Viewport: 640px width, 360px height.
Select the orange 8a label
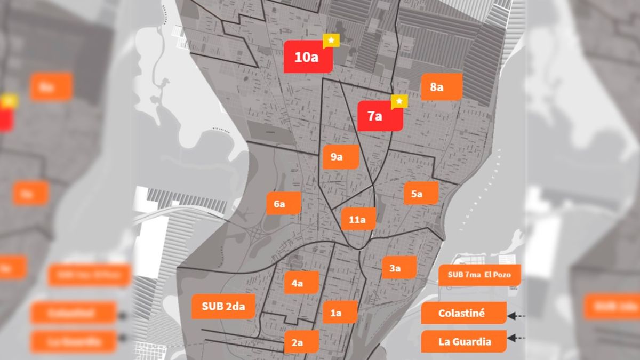tap(441, 87)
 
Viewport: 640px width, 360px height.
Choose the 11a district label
tap(358, 219)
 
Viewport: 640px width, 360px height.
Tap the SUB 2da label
tap(223, 307)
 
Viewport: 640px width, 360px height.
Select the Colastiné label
tap(463, 314)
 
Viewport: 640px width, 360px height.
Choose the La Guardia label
tap(463, 341)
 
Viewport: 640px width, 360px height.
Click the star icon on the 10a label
tap(331, 41)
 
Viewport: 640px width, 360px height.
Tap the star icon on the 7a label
tap(399, 101)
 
